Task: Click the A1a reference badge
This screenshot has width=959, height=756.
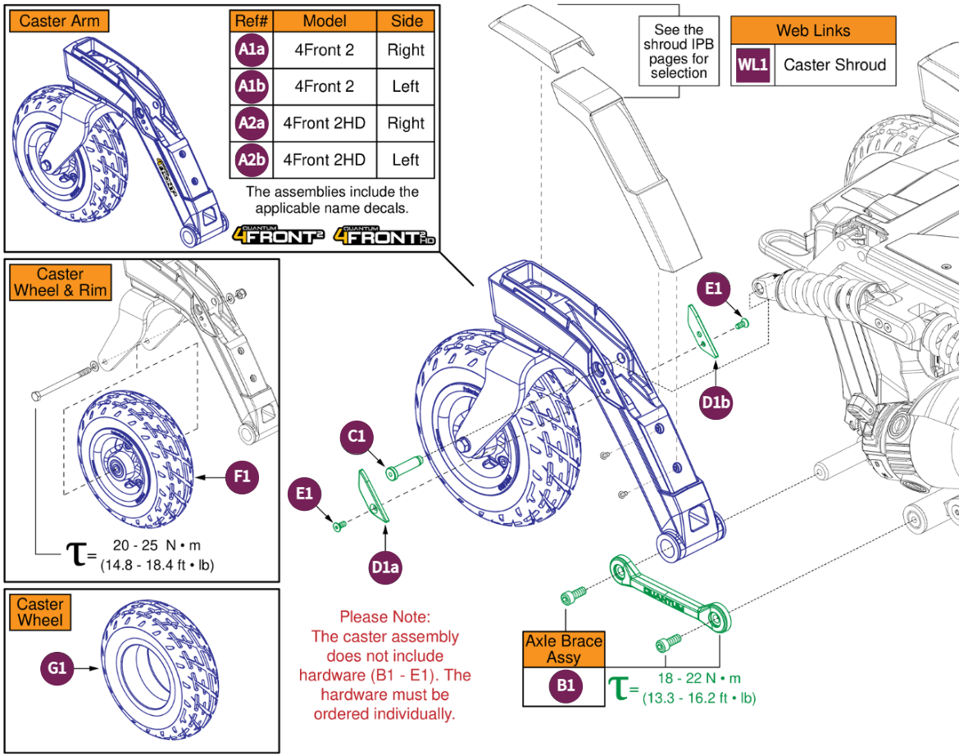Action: pos(250,50)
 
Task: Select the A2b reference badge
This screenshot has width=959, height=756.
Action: pos(250,159)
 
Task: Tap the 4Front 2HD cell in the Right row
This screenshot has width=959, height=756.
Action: pos(324,123)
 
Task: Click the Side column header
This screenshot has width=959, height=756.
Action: pos(407,20)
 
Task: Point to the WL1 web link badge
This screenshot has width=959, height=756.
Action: pos(752,65)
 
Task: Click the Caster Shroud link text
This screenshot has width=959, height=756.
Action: pos(834,65)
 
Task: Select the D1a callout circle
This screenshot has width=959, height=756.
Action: pos(384,567)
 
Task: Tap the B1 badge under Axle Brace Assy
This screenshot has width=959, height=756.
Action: pos(565,687)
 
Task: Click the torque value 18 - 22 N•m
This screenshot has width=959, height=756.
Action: pos(699,678)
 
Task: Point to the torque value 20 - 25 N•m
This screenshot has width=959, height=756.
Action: pos(155,546)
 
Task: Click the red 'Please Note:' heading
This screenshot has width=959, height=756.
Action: pos(384,617)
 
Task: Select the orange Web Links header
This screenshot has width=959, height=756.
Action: pos(813,31)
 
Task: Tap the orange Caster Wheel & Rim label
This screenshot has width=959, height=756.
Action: pos(61,282)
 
